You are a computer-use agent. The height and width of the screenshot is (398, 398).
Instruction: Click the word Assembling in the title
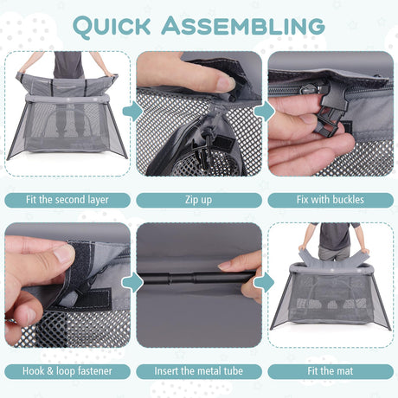pyautogui.click(x=243, y=26)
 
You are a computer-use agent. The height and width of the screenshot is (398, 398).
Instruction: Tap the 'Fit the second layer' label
pyautogui.click(x=67, y=200)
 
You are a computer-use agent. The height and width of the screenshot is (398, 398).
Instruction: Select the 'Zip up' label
pyautogui.click(x=199, y=200)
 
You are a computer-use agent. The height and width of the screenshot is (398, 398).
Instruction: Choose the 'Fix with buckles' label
pyautogui.click(x=331, y=200)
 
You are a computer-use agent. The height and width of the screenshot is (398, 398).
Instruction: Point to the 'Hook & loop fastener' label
pyautogui.click(x=67, y=371)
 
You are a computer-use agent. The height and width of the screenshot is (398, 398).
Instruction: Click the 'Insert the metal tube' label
pyautogui.click(x=199, y=371)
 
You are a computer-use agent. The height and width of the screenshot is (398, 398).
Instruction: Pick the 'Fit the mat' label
pyautogui.click(x=331, y=371)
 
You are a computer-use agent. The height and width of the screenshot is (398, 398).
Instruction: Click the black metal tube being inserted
pyautogui.click(x=196, y=279)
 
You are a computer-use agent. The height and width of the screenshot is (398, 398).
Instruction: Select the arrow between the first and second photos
pyautogui.click(x=132, y=111)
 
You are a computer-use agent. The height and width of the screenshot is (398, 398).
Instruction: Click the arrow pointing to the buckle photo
pyautogui.click(x=265, y=111)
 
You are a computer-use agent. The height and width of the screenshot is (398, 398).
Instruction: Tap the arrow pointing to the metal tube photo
pyautogui.click(x=132, y=283)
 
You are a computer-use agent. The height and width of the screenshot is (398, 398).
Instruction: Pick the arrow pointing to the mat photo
pyautogui.click(x=265, y=283)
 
